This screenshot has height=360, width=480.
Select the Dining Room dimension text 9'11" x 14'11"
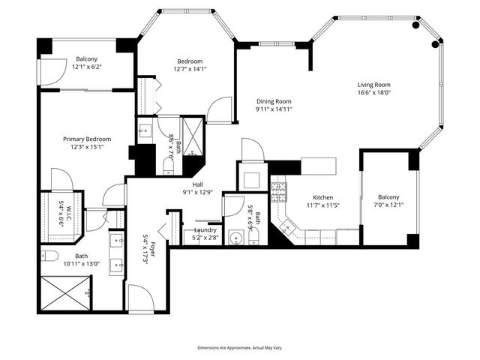273,109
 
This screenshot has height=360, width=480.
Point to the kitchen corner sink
286,224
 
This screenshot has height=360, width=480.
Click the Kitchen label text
323,196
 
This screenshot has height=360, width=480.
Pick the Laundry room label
205,230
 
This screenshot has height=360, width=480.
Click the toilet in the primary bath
49,256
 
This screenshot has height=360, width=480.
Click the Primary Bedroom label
87,139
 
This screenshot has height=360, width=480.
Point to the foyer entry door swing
140,298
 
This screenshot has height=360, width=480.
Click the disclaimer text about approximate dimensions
239,348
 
